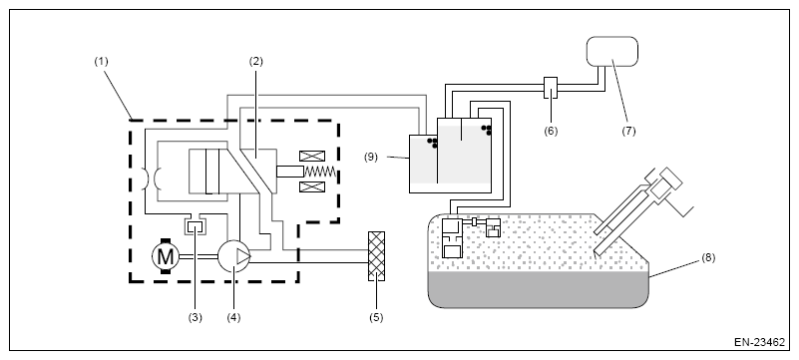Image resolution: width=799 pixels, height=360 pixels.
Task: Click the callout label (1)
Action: pos(101,62)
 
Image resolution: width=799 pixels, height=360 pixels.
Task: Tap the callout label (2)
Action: pos(255,62)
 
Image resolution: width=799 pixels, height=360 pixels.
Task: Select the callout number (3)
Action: pos(195,318)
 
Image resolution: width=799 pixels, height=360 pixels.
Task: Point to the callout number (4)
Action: pos(233,318)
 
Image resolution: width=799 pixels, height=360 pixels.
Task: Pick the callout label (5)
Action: pos(376,318)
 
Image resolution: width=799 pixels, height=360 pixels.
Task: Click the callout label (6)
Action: pos(551,131)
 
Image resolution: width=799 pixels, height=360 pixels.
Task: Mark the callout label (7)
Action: pos(628,131)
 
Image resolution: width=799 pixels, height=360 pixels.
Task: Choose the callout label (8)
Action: pos(708,257)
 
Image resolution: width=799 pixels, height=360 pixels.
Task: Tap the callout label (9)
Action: pos(371,157)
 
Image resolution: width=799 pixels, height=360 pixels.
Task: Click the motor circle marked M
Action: pos(166,256)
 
